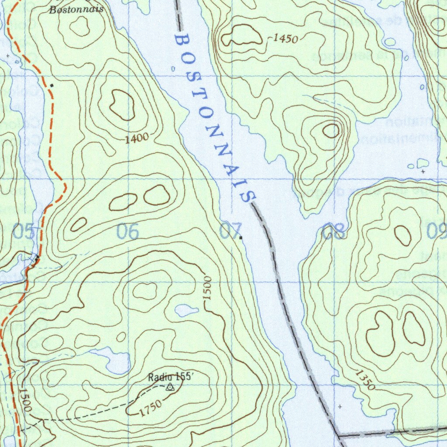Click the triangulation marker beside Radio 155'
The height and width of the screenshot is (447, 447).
tap(170, 386)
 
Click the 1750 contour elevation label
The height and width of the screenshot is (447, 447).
tap(151, 408)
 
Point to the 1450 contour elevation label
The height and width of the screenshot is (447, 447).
tap(285, 39)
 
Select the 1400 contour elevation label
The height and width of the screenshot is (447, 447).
tap(136, 139)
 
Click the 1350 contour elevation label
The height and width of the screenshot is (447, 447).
tap(364, 379)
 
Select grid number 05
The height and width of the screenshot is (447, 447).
tap(24, 232)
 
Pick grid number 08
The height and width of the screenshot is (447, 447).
tap(333, 232)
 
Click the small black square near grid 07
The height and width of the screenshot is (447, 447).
tap(241, 238)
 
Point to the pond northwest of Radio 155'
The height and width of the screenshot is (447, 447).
tap(117, 363)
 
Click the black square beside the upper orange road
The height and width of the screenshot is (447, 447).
tap(52, 85)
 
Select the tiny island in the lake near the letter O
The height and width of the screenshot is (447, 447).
tap(173, 69)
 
